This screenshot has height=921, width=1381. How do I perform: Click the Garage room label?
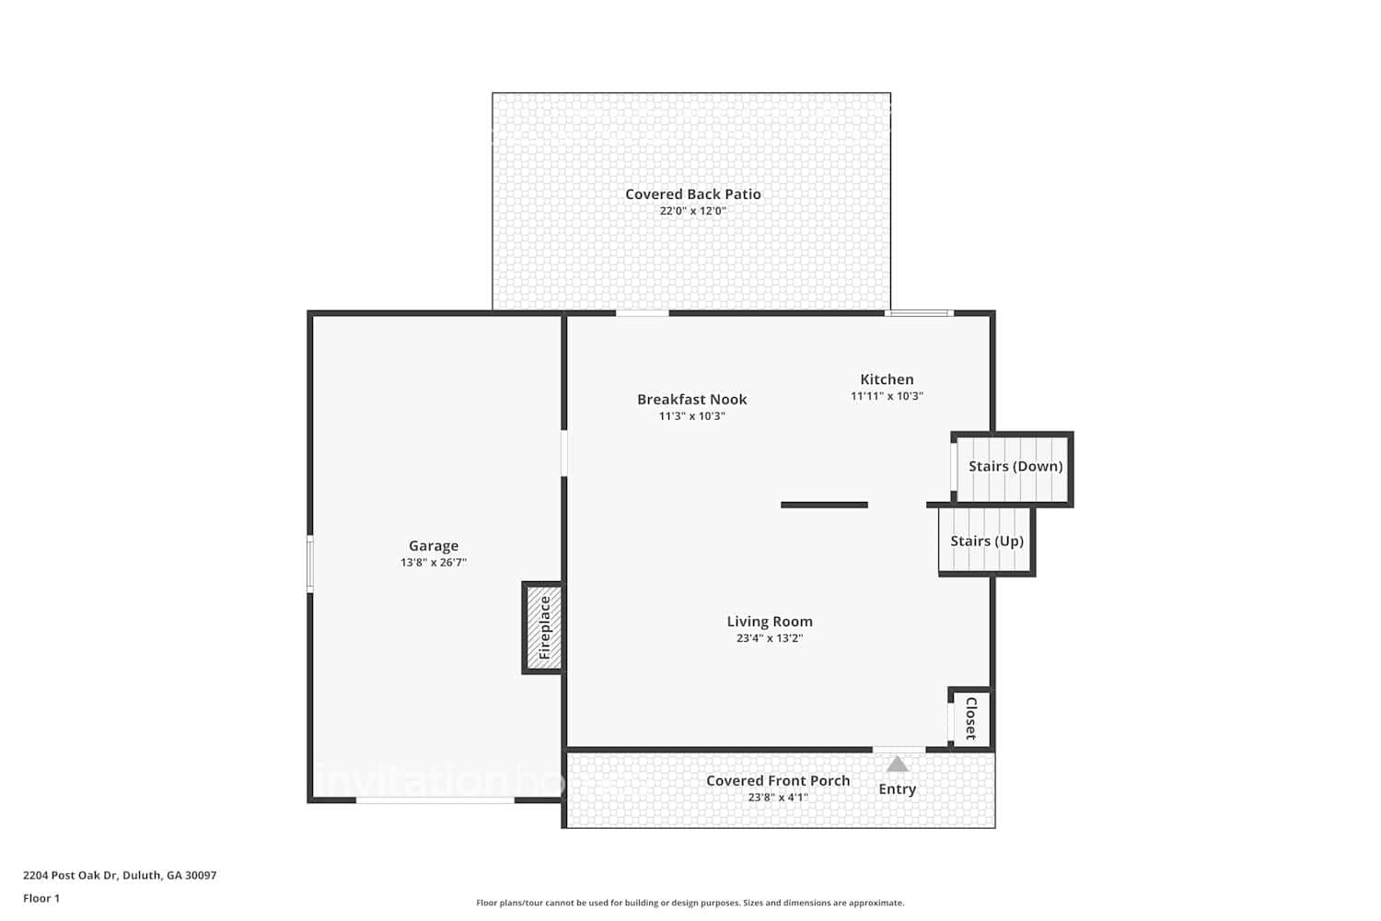coord(434,546)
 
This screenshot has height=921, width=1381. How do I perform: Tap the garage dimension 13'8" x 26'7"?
coord(434,563)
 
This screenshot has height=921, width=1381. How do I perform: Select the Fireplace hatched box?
coord(543,628)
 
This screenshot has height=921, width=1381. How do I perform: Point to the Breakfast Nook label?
coord(692,400)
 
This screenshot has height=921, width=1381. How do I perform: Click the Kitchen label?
coord(887,379)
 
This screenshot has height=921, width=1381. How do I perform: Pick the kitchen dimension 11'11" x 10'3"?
coord(887,396)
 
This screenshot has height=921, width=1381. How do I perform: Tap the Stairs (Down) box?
coord(1015,467)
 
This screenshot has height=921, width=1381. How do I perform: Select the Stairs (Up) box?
coord(986,542)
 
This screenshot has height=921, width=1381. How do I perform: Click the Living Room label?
coord(770,622)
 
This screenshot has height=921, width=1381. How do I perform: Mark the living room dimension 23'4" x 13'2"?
coord(770,638)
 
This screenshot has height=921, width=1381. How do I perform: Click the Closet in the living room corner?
coord(970,718)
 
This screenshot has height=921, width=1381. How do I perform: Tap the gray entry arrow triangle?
coord(898,764)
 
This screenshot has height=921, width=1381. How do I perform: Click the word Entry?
coord(898,789)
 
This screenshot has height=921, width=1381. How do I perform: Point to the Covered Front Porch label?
coord(778,781)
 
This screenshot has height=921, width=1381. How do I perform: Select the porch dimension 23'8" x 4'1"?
coord(778,798)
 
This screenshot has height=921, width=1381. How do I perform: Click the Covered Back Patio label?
coord(693,194)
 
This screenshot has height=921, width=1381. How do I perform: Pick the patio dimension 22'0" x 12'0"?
coord(693,211)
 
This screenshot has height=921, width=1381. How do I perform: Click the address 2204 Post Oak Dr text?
coord(120,876)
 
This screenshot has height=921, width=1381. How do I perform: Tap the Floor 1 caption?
coord(41,899)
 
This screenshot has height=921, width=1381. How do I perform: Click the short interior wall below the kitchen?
coord(824,505)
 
